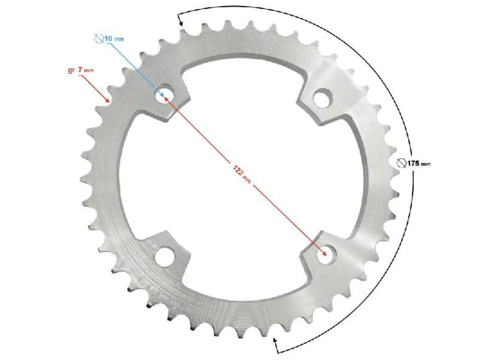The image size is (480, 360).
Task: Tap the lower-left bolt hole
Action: coord(163,256)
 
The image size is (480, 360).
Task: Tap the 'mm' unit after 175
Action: coord(425,163)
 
